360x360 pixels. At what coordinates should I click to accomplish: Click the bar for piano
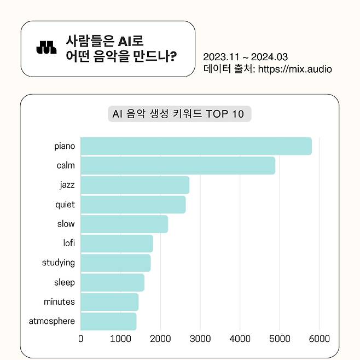[x=196, y=146]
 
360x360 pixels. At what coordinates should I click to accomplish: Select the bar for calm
[x=178, y=165]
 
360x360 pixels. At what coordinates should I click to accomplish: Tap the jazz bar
[x=135, y=185]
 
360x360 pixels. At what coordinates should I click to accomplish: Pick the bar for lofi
[x=117, y=243]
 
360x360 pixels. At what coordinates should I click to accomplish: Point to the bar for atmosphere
[x=108, y=321]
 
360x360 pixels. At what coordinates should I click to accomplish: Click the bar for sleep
[x=112, y=282]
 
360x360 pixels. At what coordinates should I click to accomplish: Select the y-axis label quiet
[x=65, y=205]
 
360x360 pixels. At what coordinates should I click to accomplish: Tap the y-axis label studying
[x=58, y=263]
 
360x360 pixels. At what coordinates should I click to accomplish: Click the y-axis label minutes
[x=59, y=301]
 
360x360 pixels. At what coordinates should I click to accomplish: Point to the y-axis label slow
[x=66, y=224]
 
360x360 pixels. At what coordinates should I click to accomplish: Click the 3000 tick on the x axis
[x=200, y=339]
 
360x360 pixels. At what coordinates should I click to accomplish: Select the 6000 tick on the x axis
[x=320, y=339]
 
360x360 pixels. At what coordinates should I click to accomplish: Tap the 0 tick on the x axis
[x=81, y=339]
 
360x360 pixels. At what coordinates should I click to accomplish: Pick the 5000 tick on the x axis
[x=280, y=339]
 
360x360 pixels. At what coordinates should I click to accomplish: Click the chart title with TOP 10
[x=179, y=114]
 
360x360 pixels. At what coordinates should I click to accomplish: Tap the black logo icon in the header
[x=47, y=48]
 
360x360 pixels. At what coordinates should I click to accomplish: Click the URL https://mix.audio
[x=294, y=69]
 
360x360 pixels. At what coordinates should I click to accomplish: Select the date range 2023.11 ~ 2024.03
[x=245, y=57]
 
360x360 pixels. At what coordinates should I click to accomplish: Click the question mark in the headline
[x=173, y=56]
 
